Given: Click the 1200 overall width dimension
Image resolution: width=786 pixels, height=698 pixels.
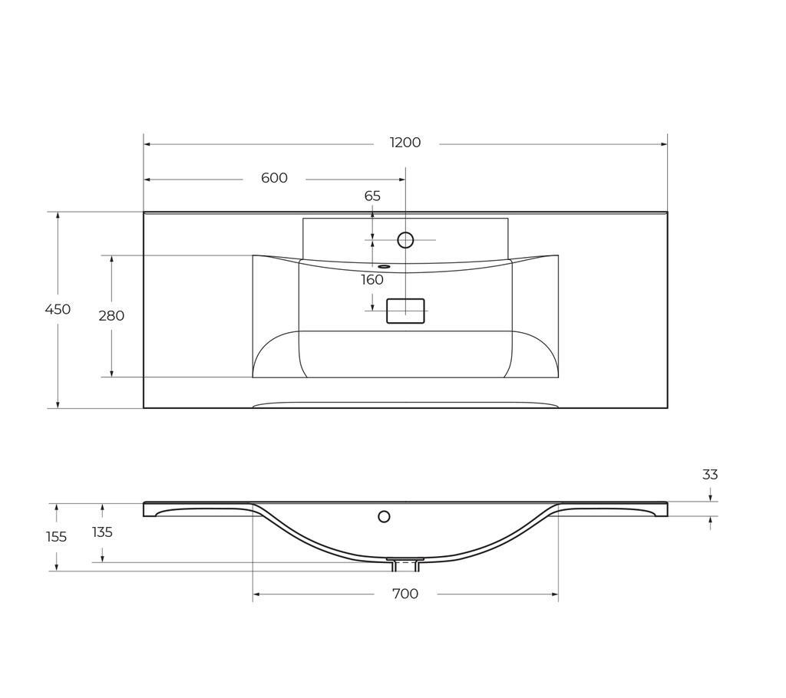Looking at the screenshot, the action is coord(405,143).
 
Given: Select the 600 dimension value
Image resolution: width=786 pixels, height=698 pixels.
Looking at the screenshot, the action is coord(274,178).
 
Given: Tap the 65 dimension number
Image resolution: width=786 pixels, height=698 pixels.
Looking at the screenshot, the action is coord(372,196).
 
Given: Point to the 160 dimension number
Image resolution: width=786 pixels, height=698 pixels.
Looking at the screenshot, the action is coord(372,280).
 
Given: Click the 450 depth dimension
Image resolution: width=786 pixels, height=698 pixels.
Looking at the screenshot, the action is coord(58,309).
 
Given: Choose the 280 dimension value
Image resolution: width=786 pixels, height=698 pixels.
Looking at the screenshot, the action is coord(111,316).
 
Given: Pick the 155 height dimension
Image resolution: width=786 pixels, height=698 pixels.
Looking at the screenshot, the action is coord(56,537).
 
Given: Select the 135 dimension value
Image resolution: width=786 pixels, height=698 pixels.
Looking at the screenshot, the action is coord(102,532).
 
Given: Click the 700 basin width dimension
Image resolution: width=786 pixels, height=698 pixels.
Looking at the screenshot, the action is coord(405,594).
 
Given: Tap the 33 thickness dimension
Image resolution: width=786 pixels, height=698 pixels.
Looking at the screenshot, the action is coord(710,475).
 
